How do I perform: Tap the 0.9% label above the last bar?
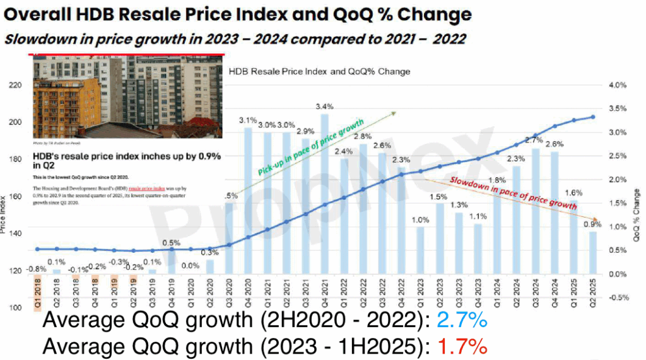click(593, 224)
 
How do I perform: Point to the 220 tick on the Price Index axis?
click(13, 84)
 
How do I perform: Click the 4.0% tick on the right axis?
click(617, 85)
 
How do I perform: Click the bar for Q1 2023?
click(421, 250)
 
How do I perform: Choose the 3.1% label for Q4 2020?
click(248, 120)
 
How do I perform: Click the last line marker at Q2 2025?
click(592, 117)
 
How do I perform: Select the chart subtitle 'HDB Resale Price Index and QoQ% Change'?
click(319, 71)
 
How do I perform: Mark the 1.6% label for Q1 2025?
click(573, 193)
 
